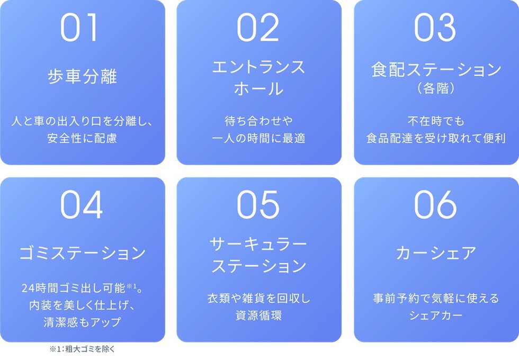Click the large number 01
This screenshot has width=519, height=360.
tap(79, 28)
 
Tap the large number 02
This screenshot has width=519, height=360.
tap(258, 28)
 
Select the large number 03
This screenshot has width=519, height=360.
tap(435, 28)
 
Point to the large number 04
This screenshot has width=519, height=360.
tap(82, 205)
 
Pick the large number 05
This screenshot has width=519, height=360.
tap(258, 205)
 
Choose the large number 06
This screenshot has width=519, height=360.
tap(435, 205)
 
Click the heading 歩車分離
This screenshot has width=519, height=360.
tap(82, 76)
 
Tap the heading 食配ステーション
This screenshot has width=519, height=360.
tap(436, 70)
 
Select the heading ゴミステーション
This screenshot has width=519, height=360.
tap(82, 253)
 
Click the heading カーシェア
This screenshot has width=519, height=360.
tap(436, 253)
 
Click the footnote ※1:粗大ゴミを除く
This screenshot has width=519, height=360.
tap(82, 349)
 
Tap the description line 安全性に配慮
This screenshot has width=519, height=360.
tap(82, 139)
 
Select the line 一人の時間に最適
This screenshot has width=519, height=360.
tap(258, 139)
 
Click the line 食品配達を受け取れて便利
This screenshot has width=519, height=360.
tap(436, 139)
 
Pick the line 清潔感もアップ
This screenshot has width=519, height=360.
tap(82, 322)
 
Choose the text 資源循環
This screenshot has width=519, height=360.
tap(258, 316)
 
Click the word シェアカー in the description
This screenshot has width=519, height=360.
tap(436, 316)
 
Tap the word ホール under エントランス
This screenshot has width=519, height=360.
tap(258, 88)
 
